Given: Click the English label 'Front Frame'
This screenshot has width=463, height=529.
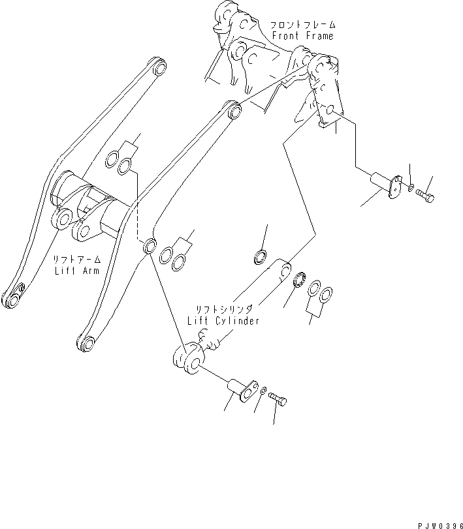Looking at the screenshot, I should (302, 36).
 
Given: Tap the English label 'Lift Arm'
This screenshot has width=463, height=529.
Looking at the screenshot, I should (77, 269).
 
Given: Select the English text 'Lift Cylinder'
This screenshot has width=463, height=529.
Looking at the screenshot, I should (223, 320).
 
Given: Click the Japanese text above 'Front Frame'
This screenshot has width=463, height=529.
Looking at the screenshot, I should (301, 25).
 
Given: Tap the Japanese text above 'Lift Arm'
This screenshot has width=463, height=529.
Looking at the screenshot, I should (77, 259).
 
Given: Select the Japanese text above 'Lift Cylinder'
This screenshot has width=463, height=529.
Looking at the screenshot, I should (223, 309).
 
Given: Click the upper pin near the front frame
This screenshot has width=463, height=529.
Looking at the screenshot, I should (383, 183).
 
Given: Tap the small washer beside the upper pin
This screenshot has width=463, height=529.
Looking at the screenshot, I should (409, 189).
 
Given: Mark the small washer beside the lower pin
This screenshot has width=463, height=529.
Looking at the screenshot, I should (263, 392).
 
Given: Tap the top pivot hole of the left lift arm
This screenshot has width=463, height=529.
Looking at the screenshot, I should (158, 66).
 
